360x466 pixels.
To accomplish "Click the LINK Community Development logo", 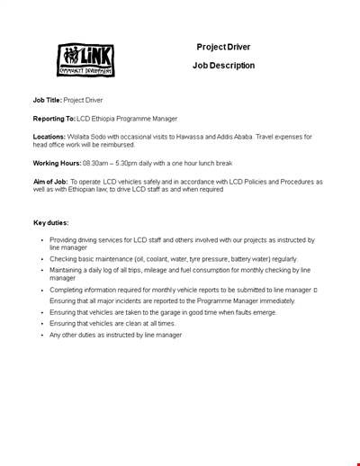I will (85, 60).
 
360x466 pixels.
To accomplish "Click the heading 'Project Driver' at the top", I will (223, 47).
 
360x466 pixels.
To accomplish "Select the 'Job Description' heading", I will (223, 66).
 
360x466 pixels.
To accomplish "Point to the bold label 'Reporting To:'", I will (53, 118).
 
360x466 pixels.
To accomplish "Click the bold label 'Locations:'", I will (49, 137).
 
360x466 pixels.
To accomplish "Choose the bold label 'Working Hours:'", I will (57, 163).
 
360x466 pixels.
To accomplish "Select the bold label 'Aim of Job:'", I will (50, 182).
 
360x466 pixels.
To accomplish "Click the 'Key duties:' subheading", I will (51, 221).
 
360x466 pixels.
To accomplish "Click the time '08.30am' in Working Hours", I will (96, 163).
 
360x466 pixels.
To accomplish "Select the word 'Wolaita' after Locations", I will (82, 137).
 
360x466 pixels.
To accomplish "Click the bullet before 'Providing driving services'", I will (41, 240).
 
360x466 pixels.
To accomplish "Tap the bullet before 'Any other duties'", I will (41, 335).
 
